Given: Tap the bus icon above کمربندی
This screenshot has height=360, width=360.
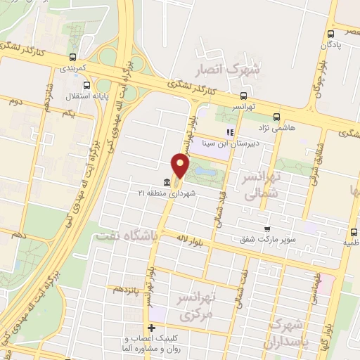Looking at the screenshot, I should (72, 58).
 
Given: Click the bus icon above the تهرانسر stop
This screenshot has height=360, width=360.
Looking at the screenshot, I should (243, 96).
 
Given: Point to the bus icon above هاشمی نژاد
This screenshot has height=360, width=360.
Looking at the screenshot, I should (276, 117).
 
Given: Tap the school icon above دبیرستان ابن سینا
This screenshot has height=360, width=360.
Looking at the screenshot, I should (229, 132).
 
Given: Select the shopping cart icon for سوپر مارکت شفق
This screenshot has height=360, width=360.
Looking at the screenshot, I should (266, 229).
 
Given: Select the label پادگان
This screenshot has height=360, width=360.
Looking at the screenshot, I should (334, 44).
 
